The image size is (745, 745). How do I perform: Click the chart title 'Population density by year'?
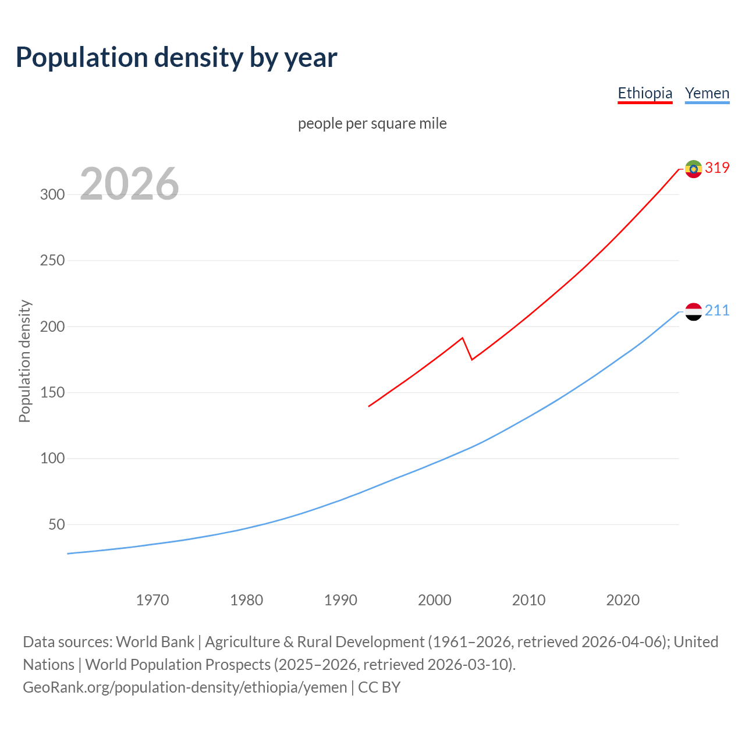coord(176,58)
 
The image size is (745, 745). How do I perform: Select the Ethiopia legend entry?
coord(645,93)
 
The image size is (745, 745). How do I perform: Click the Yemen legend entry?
coord(707,93)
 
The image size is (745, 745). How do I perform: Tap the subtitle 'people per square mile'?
coord(372,123)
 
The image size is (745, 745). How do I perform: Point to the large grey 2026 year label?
coord(129,184)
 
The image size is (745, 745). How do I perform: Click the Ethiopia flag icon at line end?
coord(693,169)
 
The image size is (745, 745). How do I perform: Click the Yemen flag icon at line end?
coord(693,311)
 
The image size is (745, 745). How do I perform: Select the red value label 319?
coord(717,168)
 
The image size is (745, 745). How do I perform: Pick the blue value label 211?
coord(717,310)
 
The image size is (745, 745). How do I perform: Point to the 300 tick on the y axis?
coord(52,194)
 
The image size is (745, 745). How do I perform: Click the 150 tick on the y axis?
coord(52,393)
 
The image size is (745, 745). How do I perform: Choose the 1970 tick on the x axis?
coord(152,599)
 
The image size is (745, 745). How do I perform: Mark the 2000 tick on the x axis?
coord(435,599)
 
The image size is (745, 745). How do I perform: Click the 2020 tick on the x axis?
coord(623,599)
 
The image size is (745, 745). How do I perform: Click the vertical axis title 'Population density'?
coord(24,361)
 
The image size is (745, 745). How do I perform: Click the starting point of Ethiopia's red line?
coord(369,406)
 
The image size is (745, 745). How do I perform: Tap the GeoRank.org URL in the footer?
coord(185,687)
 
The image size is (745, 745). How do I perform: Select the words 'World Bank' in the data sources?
coord(155,642)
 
